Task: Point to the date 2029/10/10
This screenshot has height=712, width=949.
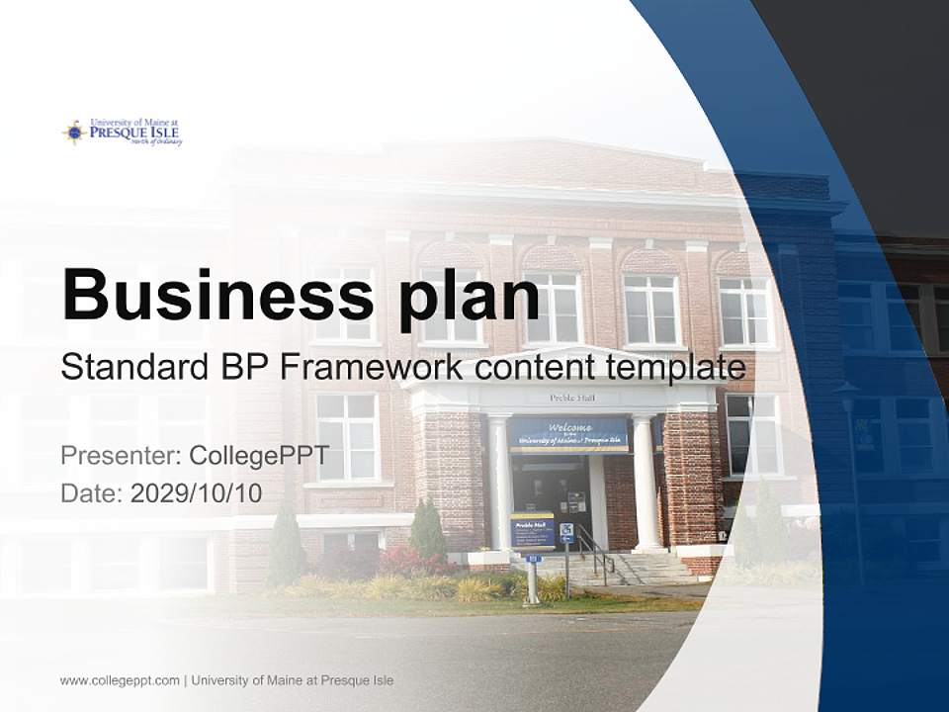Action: pyautogui.click(x=197, y=493)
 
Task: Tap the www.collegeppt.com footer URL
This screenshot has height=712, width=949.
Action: pyautogui.click(x=120, y=680)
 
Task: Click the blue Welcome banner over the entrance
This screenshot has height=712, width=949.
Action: pyautogui.click(x=568, y=433)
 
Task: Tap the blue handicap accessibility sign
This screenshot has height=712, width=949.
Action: pyautogui.click(x=566, y=532)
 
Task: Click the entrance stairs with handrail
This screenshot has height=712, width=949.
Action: pyautogui.click(x=633, y=566)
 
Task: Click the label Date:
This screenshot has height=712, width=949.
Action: pyautogui.click(x=92, y=493)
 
